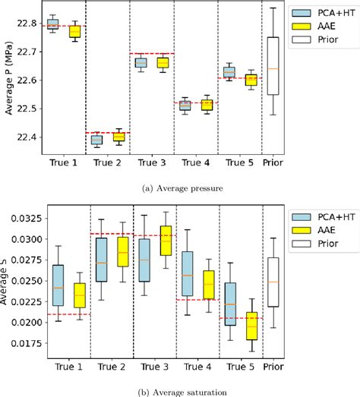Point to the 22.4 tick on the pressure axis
[25, 137]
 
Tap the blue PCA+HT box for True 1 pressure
[52, 24]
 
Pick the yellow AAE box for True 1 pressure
[74, 31]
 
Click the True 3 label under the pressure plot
[151, 162]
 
